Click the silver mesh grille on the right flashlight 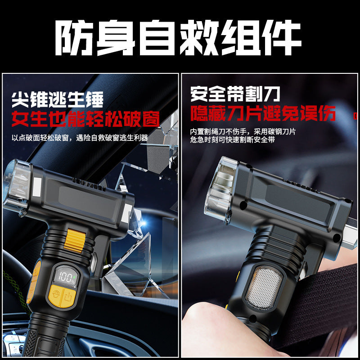click(263, 287)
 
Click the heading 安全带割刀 click(235, 94)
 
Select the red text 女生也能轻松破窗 click(85, 118)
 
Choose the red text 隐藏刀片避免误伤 click(263, 113)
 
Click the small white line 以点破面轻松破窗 click(80, 138)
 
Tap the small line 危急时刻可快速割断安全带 click(232, 140)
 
